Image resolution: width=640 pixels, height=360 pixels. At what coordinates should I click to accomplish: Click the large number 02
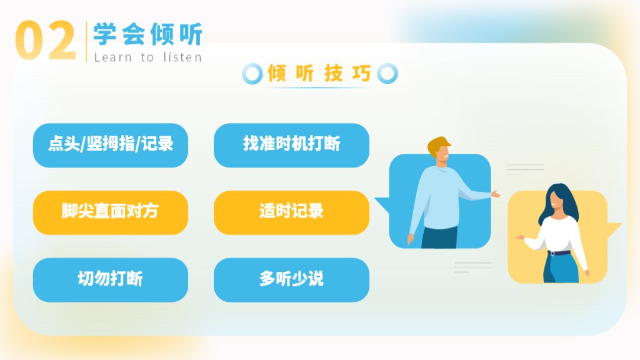click(x=45, y=41)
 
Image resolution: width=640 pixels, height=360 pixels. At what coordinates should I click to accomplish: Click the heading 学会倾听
click(x=147, y=34)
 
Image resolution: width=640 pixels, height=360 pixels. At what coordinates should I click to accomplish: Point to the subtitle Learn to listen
click(x=147, y=57)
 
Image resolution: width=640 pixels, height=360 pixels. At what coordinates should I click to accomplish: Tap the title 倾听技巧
click(x=319, y=74)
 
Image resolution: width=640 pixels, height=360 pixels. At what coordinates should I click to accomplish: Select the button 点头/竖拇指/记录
click(x=111, y=145)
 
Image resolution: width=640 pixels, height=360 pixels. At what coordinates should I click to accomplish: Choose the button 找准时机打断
click(x=291, y=145)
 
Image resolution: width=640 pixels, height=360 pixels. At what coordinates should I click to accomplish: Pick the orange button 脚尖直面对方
click(x=111, y=212)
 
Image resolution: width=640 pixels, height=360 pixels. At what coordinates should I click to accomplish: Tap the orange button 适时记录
click(x=291, y=212)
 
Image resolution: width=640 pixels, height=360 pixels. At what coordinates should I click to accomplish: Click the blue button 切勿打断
click(x=111, y=280)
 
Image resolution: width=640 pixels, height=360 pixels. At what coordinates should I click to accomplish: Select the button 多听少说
click(x=291, y=280)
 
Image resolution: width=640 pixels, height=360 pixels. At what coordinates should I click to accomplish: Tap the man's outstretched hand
click(x=496, y=194)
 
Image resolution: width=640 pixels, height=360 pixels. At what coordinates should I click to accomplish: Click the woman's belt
click(x=559, y=252)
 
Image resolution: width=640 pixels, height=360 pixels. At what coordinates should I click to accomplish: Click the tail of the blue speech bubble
click(x=382, y=204)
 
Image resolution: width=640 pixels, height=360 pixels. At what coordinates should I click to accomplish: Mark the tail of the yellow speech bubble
click(x=614, y=230)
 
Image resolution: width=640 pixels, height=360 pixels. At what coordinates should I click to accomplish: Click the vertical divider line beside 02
click(x=86, y=42)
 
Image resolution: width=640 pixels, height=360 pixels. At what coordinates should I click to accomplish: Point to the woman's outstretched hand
click(x=519, y=237)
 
